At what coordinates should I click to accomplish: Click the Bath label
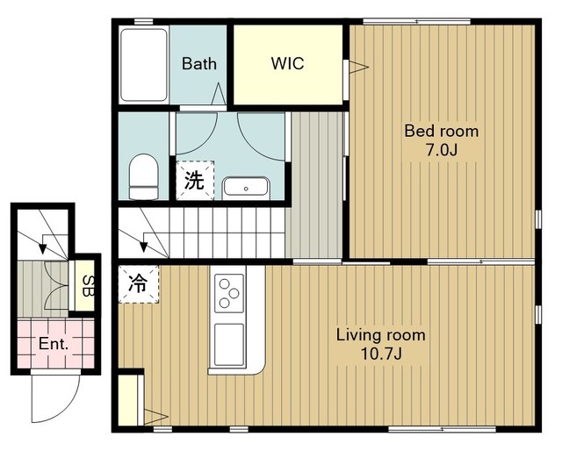pos(199,64)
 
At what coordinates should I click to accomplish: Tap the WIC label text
pos(287,63)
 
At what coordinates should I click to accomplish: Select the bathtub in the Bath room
pos(144,65)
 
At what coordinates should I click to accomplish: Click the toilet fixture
pos(143,176)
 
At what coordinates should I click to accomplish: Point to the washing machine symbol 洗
pos(195,180)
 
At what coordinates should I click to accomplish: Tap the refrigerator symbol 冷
pos(139,284)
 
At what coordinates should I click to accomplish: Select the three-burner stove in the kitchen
pos(229,293)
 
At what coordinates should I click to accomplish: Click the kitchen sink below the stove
pos(229,345)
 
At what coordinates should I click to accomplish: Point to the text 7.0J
pos(442,151)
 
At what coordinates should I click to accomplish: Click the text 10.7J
pos(381,354)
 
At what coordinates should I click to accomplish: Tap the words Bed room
pos(442,131)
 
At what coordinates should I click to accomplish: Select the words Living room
pos(381,335)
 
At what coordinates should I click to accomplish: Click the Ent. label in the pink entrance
pos(54,344)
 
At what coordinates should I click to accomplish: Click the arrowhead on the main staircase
pos(143,247)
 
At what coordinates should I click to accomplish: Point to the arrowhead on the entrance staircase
pos(43,248)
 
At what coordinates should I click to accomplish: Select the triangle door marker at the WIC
pos(359,67)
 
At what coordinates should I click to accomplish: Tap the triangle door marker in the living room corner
pos(156,417)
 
